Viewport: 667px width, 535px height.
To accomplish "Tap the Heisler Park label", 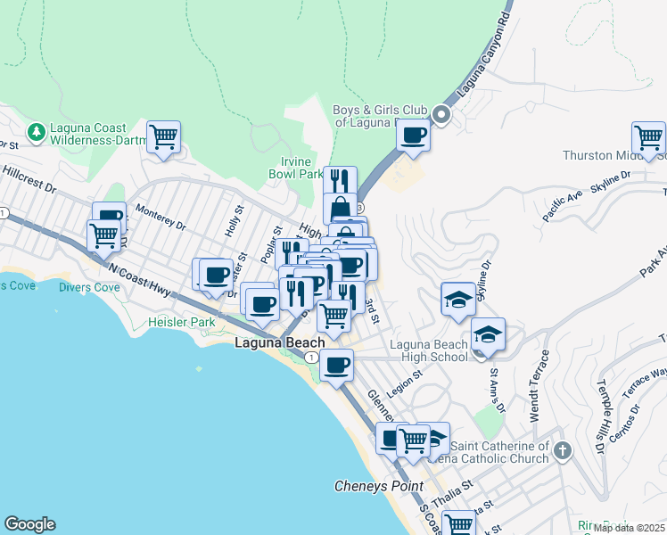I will pyautogui.click(x=174, y=321).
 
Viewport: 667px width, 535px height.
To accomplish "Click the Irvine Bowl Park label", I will pyautogui.click(x=295, y=168).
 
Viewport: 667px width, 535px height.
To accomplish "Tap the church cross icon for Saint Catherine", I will pyautogui.click(x=562, y=450).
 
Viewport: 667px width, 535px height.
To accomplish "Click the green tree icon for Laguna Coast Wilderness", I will pyautogui.click(x=36, y=133).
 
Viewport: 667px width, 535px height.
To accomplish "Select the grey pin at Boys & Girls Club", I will pyautogui.click(x=441, y=115).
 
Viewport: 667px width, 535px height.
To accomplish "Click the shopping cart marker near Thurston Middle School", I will pyautogui.click(x=648, y=138).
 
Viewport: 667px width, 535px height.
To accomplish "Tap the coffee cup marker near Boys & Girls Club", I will pyautogui.click(x=413, y=135).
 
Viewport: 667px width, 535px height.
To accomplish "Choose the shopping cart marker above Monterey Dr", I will pyautogui.click(x=164, y=137).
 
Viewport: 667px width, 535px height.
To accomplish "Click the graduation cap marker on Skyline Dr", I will pyautogui.click(x=458, y=299).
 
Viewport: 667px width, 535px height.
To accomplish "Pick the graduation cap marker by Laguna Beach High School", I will pyautogui.click(x=488, y=334).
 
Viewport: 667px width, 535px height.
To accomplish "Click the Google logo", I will pyautogui.click(x=29, y=524).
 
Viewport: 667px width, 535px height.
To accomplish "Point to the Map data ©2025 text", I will pyautogui.click(x=630, y=528).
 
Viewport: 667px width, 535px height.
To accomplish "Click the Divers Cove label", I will pyautogui.click(x=88, y=287).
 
